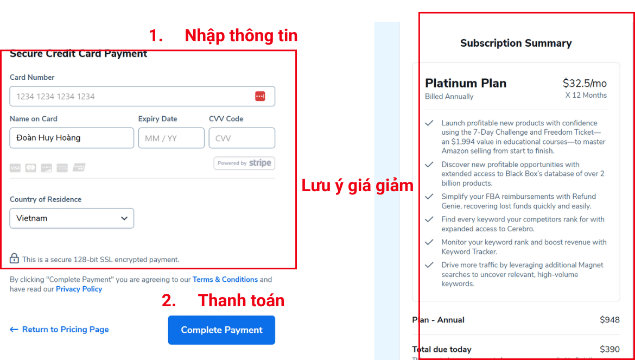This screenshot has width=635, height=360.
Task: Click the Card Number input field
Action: pos(130,97)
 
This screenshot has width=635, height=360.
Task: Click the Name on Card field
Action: pos(72,138)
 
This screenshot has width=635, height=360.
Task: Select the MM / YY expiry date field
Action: pos(171,138)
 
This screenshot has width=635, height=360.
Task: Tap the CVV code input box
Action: pos(242,138)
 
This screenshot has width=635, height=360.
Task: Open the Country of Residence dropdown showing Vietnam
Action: pos(72,218)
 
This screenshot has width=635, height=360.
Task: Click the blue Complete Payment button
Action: pos(221,330)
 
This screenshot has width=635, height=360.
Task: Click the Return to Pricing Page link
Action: pos(60,330)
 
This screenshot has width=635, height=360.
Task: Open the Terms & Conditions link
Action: pos(225,280)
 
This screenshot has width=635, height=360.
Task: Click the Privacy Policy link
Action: pos(79,289)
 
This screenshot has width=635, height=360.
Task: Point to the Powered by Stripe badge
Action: pos(244,163)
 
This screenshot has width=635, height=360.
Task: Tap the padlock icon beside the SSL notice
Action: pos(15,258)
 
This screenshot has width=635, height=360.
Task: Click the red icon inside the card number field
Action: pos(260,97)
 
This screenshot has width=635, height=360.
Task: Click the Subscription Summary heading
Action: pos(516,43)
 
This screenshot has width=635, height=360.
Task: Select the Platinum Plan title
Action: pos(466,83)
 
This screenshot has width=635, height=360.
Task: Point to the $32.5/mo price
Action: pos(585,83)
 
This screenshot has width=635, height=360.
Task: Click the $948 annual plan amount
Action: pos(609,320)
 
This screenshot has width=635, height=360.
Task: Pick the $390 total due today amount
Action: pos(609,349)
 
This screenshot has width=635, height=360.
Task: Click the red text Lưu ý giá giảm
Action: pos(357,186)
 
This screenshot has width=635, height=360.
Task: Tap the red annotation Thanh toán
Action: pos(241,300)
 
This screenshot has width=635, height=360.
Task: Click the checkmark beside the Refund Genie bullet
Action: pos(429,197)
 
